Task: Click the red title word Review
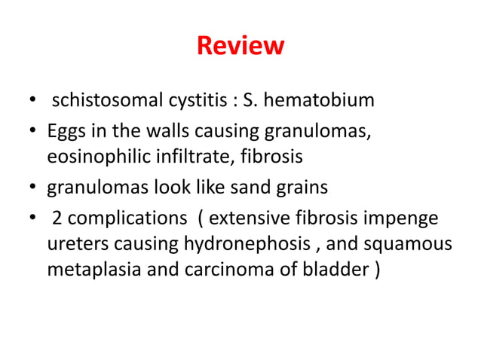pos(240,47)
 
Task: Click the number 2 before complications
pos(57,219)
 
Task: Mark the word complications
pos(127,220)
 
